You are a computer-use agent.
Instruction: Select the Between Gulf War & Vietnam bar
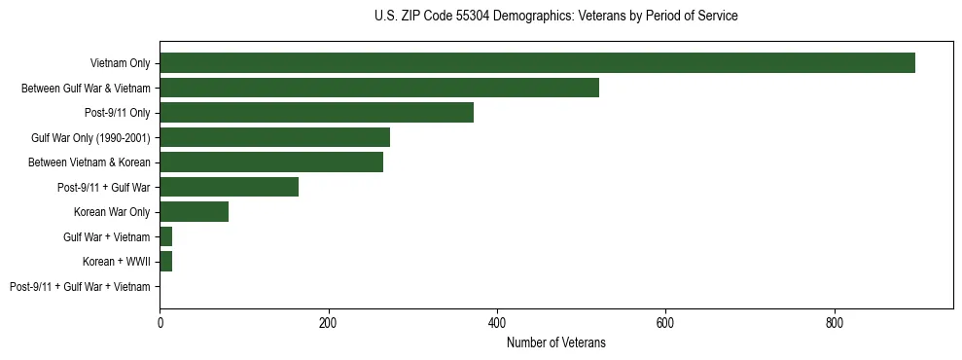379,88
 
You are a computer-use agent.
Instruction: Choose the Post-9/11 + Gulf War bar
229,187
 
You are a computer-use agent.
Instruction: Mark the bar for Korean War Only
194,212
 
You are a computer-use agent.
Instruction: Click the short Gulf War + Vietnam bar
166,236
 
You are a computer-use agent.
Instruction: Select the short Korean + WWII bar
166,262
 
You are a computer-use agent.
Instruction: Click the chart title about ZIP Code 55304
555,17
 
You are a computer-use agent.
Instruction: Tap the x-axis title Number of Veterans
555,342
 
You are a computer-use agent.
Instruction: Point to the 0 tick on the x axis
160,322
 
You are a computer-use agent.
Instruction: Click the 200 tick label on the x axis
328,322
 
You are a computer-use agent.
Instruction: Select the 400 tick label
497,322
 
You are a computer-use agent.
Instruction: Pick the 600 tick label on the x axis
665,322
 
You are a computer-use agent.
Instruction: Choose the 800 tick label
834,322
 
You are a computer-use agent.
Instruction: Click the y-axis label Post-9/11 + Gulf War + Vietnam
80,287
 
